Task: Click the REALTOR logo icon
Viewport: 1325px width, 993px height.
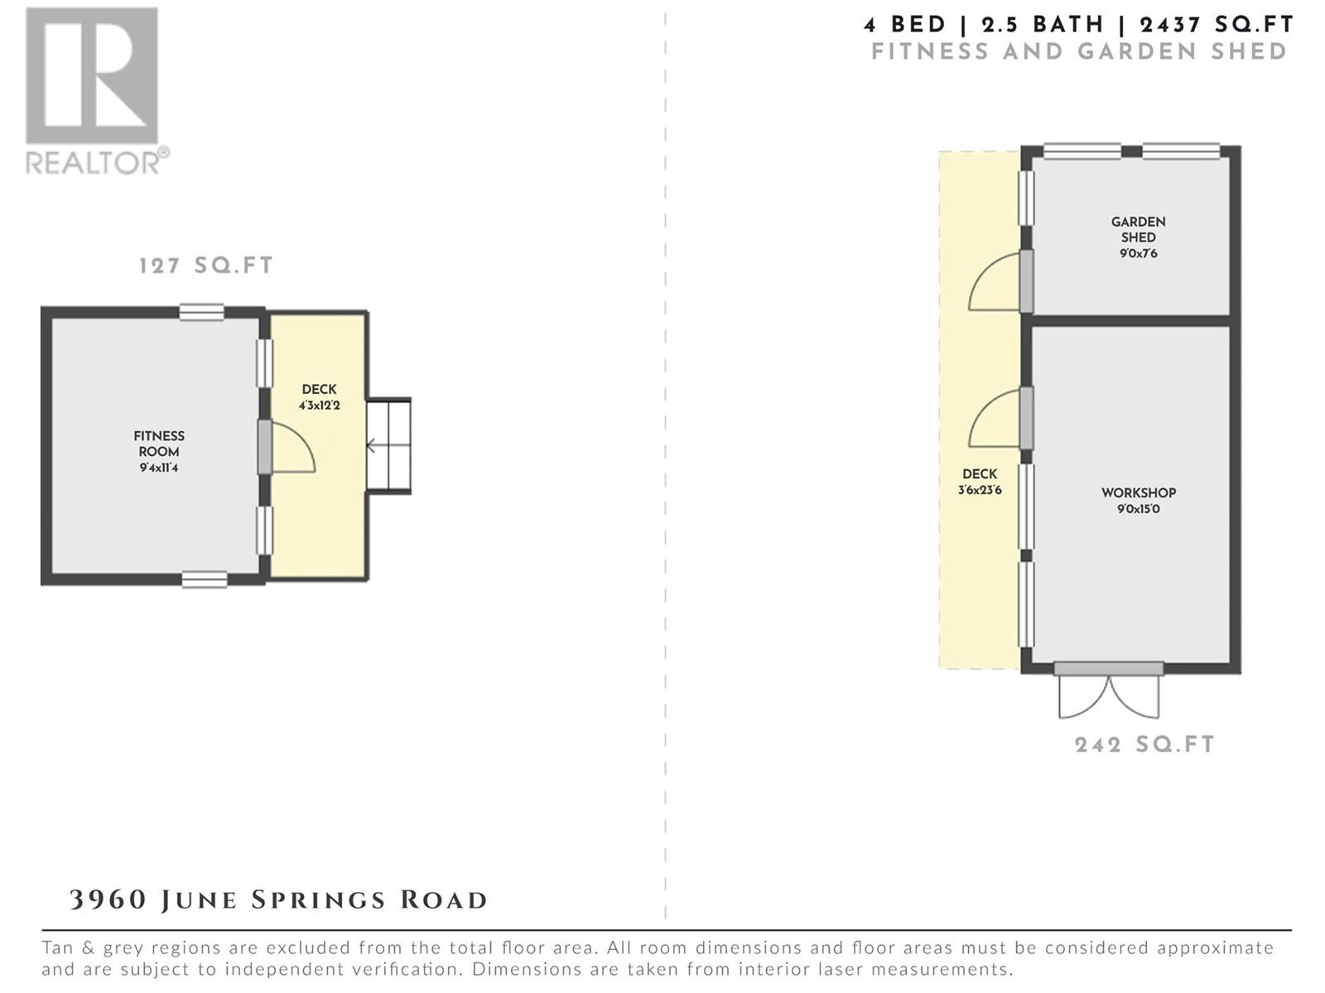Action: click(x=92, y=75)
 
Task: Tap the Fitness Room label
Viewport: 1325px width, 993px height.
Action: click(x=159, y=444)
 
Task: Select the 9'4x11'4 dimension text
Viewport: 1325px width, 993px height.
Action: click(x=159, y=468)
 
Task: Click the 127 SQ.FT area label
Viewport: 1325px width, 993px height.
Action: click(x=206, y=266)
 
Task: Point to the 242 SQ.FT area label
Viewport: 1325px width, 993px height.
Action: click(x=1144, y=745)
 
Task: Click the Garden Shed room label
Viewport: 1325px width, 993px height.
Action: click(x=1139, y=229)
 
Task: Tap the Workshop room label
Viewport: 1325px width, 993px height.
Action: click(x=1139, y=492)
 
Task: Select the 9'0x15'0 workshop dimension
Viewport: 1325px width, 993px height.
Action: click(x=1139, y=509)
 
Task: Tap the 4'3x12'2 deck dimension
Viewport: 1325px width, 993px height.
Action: click(x=320, y=405)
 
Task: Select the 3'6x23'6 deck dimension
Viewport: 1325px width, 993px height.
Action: click(x=980, y=490)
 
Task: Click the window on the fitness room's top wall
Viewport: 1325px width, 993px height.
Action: click(x=201, y=312)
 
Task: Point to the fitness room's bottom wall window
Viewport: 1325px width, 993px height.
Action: click(x=205, y=579)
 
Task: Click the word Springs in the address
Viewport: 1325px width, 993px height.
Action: click(x=318, y=900)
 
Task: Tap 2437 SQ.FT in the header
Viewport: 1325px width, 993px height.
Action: click(x=1217, y=25)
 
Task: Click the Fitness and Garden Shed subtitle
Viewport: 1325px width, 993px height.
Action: click(x=1079, y=51)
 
